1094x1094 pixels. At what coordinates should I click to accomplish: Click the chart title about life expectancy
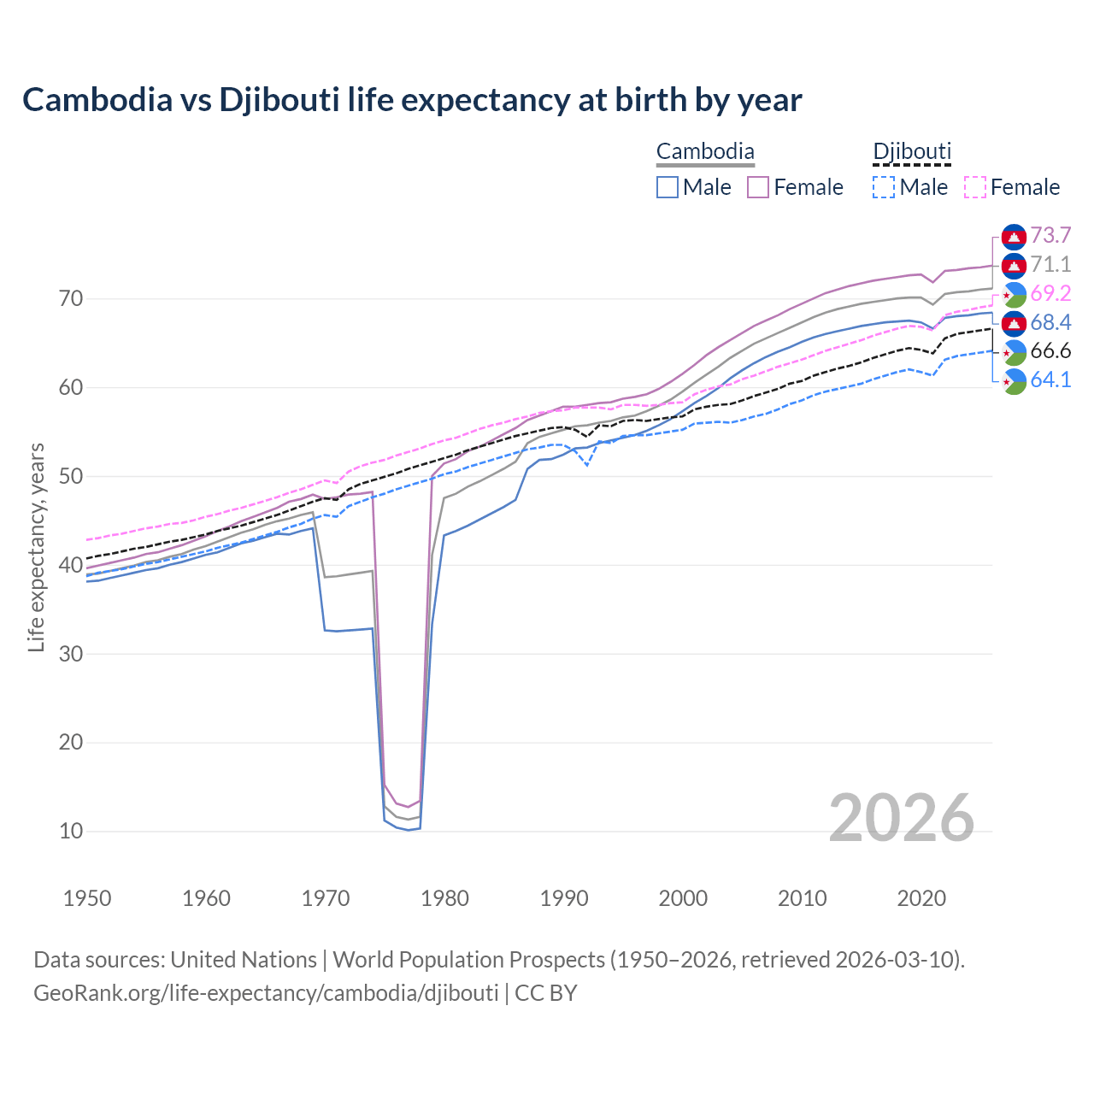pos(412,100)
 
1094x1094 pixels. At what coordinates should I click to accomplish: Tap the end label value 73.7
pos(1050,235)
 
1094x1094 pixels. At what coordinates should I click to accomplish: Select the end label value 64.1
pos(1050,379)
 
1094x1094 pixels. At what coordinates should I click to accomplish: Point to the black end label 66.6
pos(1050,350)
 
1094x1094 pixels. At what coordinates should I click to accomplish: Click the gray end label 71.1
pos(1050,264)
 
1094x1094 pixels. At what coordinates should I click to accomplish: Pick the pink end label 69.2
pos(1050,293)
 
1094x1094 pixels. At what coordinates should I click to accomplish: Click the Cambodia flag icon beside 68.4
pos(1014,322)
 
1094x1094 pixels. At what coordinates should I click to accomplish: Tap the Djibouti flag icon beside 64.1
pos(1014,380)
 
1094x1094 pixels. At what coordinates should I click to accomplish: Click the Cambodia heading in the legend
pos(705,152)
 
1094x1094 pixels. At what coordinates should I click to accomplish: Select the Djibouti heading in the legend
pos(912,152)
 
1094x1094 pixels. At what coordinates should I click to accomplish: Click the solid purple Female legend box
pos(758,187)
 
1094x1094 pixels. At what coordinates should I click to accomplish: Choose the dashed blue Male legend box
pos(884,187)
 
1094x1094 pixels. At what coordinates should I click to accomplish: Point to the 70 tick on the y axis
pos(71,299)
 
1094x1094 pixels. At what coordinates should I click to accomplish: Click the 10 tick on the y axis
pos(71,831)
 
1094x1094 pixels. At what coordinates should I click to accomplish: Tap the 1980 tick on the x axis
pos(444,898)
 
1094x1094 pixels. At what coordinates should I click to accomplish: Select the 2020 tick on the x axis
pos(921,898)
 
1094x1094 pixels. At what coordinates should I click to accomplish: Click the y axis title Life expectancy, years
pos(36,547)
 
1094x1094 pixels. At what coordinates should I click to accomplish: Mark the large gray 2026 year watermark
pos(902,818)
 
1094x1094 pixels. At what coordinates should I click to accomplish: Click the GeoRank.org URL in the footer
pos(266,993)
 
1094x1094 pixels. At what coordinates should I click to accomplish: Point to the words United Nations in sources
pos(244,960)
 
